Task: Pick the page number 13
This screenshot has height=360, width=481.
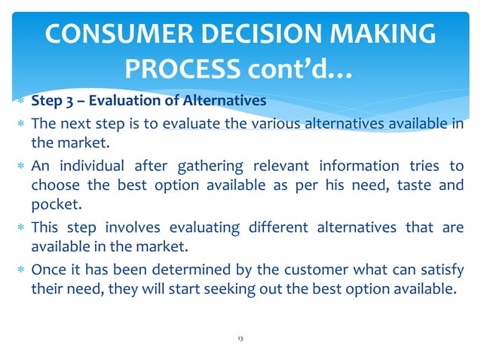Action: pos(240,339)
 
